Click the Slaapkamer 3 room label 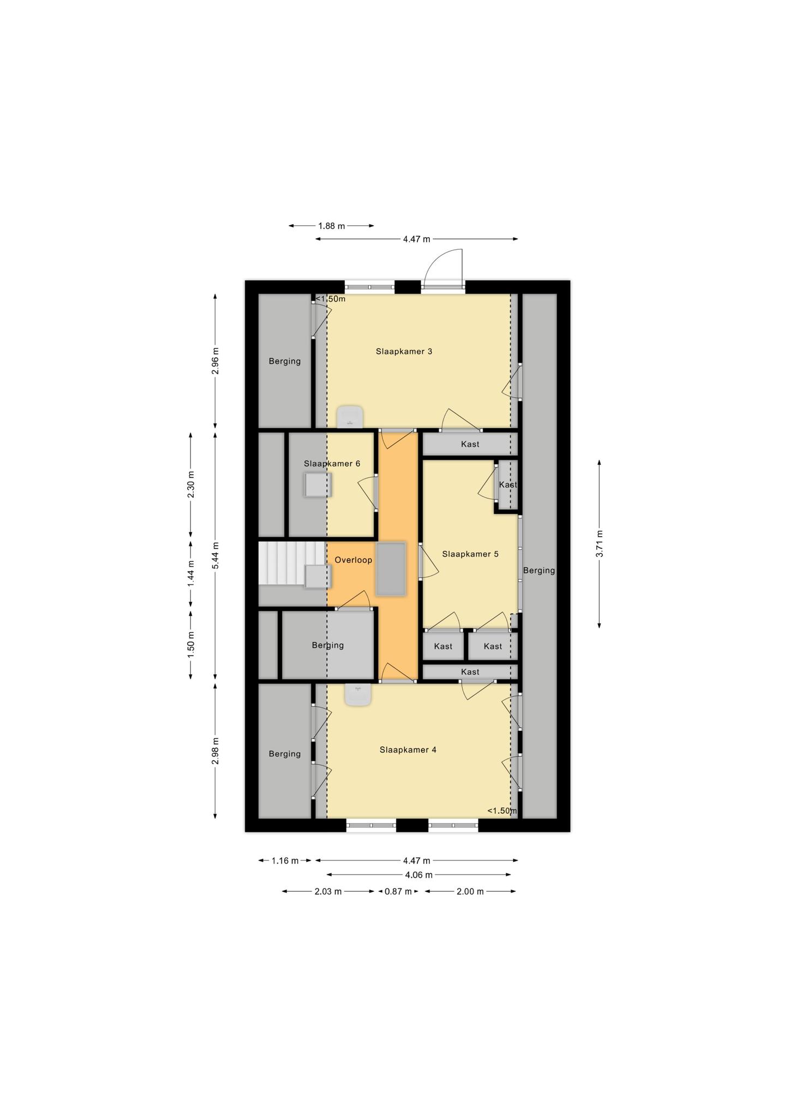tap(404, 351)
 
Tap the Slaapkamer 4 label tap(408, 749)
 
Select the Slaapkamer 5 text tap(470, 554)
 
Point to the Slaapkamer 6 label tap(332, 464)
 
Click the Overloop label tap(353, 560)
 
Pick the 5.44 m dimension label tap(216, 556)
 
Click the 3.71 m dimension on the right tap(599, 543)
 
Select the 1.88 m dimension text tap(331, 226)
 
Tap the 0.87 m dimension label tap(398, 891)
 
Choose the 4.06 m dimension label tap(418, 875)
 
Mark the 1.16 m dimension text tap(285, 861)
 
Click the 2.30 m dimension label tap(190, 484)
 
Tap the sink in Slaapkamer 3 tap(350, 417)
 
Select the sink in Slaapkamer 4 tap(358, 695)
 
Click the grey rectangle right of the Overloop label tap(391, 569)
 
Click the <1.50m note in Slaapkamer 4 tap(502, 810)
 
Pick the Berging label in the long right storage tap(539, 570)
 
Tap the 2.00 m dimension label tap(470, 891)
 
